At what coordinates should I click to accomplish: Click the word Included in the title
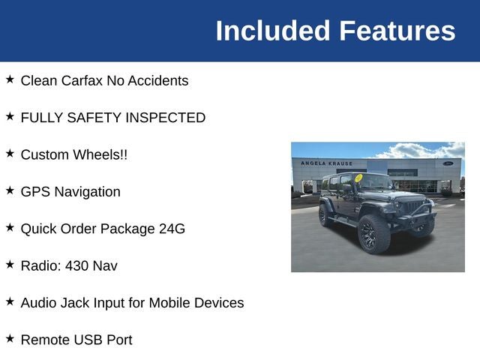tap(273, 31)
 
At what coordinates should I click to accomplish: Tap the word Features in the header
tap(397, 31)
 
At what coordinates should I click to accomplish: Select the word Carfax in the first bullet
tap(82, 81)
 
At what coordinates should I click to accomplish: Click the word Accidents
tap(158, 81)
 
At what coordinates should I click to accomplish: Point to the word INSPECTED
tap(165, 118)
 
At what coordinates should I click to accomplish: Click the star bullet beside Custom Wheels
tap(10, 153)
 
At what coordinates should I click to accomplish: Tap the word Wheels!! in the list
tap(100, 154)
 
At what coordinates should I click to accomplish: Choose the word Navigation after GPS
tap(87, 192)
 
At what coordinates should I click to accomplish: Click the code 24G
tap(172, 229)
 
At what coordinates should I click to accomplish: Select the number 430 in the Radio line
tap(76, 266)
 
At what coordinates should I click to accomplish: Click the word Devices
tap(219, 303)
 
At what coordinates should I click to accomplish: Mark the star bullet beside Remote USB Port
tap(10, 338)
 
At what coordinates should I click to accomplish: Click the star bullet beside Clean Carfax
tap(10, 79)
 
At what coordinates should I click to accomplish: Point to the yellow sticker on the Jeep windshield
tap(358, 178)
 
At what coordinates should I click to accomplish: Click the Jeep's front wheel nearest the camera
tap(374, 234)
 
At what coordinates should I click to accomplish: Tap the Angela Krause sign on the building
tap(327, 163)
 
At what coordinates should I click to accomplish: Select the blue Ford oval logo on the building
tap(448, 163)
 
